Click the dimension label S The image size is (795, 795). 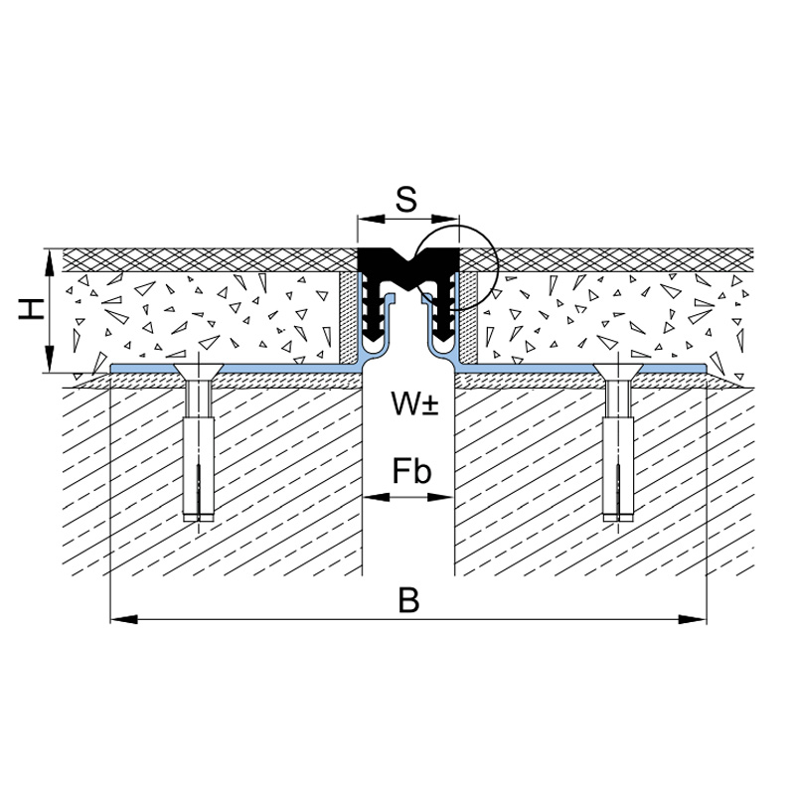click(406, 200)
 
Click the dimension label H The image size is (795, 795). click(32, 309)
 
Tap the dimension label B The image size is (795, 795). click(408, 600)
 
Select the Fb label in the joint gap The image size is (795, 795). click(411, 472)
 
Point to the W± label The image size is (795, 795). click(414, 403)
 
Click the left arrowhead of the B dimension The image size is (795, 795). click(123, 619)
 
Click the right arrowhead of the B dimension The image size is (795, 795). click(693, 619)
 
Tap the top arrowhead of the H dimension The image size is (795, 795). click(49, 262)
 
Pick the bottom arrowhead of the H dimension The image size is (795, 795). click(49, 359)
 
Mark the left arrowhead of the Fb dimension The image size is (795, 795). click(377, 498)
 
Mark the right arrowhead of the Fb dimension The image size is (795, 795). click(440, 498)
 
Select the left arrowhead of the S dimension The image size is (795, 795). click(371, 219)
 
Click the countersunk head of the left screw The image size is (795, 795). click(199, 371)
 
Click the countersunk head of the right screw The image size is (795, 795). click(618, 371)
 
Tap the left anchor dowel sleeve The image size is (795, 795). click(199, 469)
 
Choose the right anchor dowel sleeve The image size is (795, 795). click(618, 469)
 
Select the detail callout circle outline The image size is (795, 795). click(456, 226)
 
